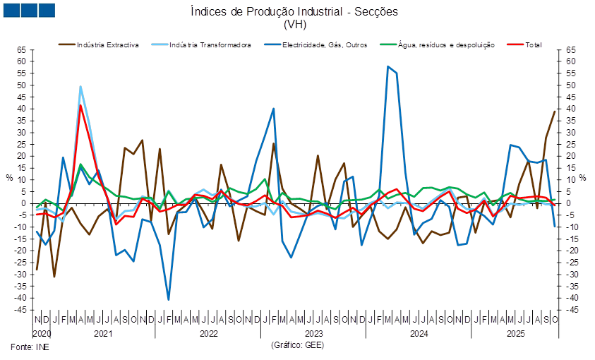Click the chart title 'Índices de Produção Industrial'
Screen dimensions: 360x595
(x=296, y=11)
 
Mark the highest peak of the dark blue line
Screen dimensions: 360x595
(x=387, y=66)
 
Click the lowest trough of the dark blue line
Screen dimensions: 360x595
(x=169, y=299)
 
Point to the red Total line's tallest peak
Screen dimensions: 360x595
(x=80, y=106)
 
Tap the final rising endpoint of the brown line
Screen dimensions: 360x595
(x=555, y=110)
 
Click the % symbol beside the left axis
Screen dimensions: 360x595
(x=9, y=177)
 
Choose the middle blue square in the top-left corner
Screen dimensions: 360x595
(x=29, y=10)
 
